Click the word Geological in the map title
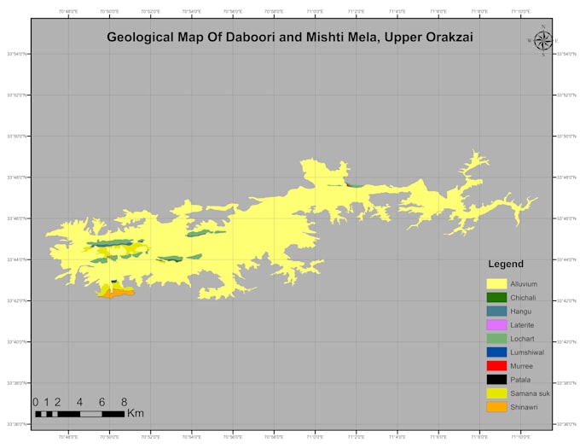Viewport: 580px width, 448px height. (140, 38)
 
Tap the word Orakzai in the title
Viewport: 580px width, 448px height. (449, 38)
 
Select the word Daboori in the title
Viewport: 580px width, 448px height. (234, 38)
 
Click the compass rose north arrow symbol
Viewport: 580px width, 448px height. (542, 40)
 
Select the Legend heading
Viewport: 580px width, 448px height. (506, 265)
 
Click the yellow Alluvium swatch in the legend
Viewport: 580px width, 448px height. (496, 283)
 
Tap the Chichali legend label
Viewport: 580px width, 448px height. (523, 297)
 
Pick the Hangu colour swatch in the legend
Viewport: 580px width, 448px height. (496, 311)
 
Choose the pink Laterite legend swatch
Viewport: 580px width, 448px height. (496, 325)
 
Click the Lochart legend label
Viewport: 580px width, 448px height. (522, 339)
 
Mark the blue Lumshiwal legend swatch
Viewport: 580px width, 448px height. (496, 352)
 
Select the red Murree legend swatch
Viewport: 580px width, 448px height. (496, 366)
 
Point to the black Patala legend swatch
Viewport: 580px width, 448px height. (496, 380)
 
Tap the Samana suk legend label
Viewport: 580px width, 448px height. (530, 393)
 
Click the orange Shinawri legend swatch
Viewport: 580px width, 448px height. (496, 407)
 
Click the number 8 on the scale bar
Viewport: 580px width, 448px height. (125, 402)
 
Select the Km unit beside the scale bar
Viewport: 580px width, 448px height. (136, 414)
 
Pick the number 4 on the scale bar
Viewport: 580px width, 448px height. (79, 402)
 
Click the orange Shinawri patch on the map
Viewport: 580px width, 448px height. (119, 293)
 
